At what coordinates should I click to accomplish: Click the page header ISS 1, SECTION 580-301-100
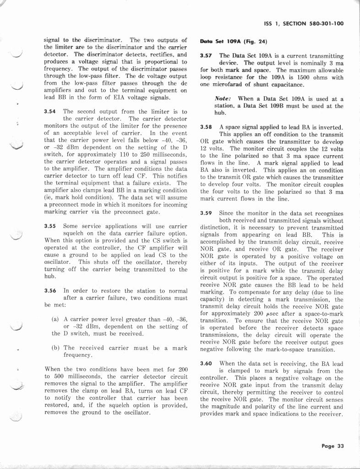pyautogui.click(x=304, y=24)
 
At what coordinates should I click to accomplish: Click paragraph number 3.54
pyautogui.click(x=50, y=111)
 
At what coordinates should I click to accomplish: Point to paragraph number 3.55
pyautogui.click(x=50, y=226)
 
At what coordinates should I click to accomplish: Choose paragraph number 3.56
pyautogui.click(x=50, y=291)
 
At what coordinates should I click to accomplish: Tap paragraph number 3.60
pyautogui.click(x=207, y=363)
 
